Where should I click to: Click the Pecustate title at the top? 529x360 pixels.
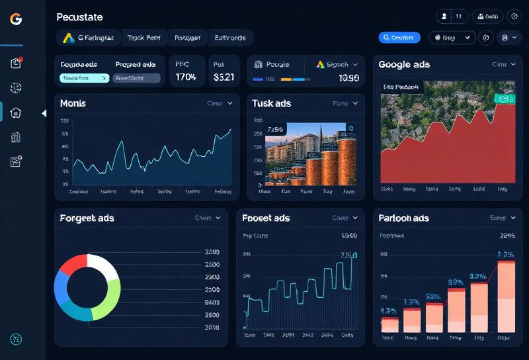(79, 17)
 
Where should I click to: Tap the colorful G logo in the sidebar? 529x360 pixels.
(16, 19)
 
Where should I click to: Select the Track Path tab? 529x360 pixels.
(144, 38)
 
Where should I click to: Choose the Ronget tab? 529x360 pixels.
(187, 38)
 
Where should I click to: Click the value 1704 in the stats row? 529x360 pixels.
(186, 77)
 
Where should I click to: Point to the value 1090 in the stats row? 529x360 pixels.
(348, 78)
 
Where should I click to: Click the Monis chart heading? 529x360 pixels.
(73, 103)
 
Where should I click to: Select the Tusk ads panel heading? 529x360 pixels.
(272, 103)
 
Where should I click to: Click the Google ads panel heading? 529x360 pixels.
(404, 65)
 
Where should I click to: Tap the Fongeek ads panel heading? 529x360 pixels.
(87, 218)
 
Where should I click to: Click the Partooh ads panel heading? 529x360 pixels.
(403, 218)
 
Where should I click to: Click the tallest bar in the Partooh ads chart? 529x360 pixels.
(506, 296)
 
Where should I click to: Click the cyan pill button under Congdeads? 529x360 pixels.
(84, 78)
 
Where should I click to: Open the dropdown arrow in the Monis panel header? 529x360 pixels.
(229, 103)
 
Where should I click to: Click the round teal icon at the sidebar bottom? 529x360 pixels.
(16, 339)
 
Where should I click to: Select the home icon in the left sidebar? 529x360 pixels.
(16, 112)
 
